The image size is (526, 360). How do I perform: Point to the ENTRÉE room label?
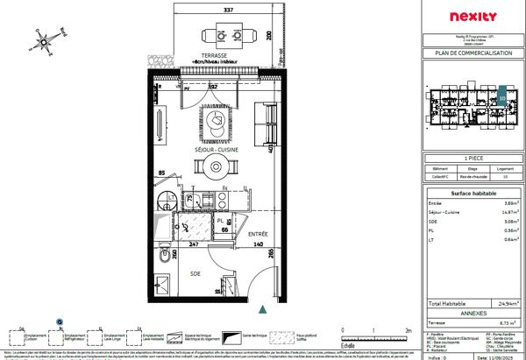[258, 235]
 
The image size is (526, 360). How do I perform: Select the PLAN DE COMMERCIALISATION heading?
[472, 53]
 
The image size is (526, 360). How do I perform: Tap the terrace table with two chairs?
[217, 36]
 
